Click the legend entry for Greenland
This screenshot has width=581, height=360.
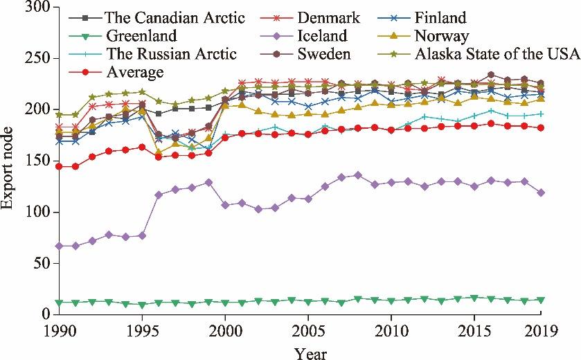tap(141, 36)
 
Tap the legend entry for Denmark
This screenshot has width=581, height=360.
tap(308, 18)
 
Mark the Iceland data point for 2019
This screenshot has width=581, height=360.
tap(541, 192)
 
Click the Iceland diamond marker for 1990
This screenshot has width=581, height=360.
tap(59, 246)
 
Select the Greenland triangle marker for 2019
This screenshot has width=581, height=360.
tap(541, 300)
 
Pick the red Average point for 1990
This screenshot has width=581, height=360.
tap(59, 166)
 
